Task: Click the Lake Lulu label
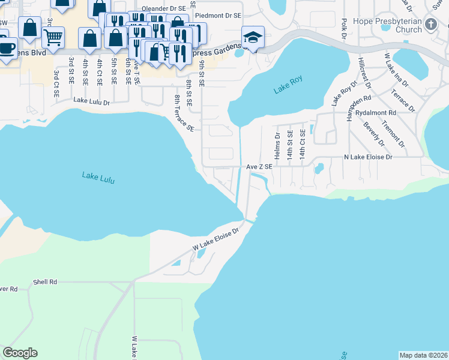98,177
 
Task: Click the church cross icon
430,25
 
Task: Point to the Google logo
20,353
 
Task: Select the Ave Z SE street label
259,167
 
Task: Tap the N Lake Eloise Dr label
367,157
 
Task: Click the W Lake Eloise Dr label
215,239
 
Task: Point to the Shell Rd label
45,281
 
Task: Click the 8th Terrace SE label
184,113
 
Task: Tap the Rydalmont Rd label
376,112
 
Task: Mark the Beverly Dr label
374,134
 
